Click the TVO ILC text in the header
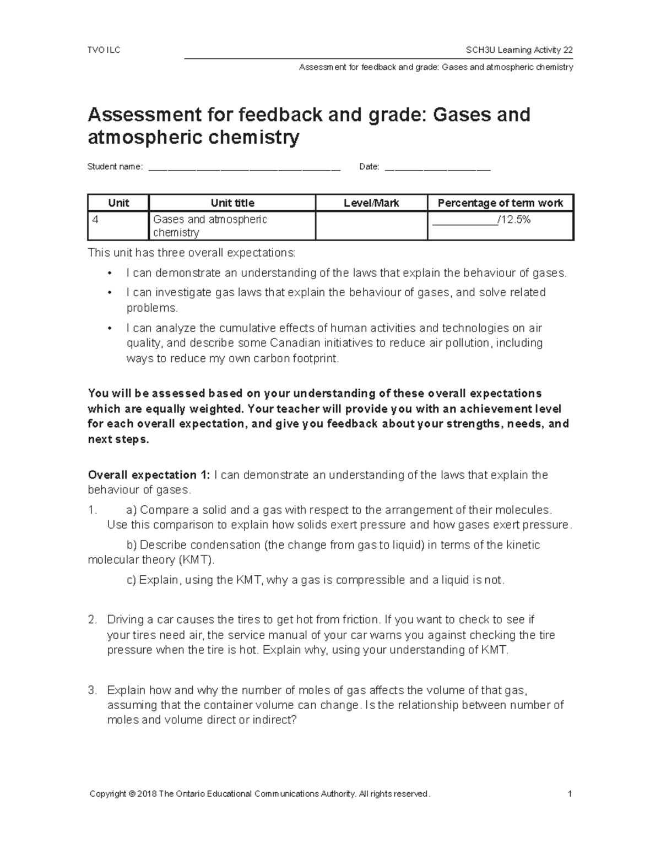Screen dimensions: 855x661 (x=104, y=50)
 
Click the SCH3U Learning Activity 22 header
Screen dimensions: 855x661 (x=519, y=50)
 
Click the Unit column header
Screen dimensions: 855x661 (x=118, y=203)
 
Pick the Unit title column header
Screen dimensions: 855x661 (x=232, y=203)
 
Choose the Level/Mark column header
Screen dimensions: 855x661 (x=371, y=203)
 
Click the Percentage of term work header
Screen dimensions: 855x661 (x=500, y=203)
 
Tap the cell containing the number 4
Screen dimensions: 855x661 (x=118, y=226)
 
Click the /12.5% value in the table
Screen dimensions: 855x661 (x=513, y=220)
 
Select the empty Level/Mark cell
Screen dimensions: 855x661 (x=371, y=226)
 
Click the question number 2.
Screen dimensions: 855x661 (x=92, y=620)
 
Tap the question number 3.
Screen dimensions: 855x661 (x=92, y=690)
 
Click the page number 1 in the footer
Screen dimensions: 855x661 (x=570, y=794)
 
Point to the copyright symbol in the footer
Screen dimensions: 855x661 (x=131, y=794)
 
